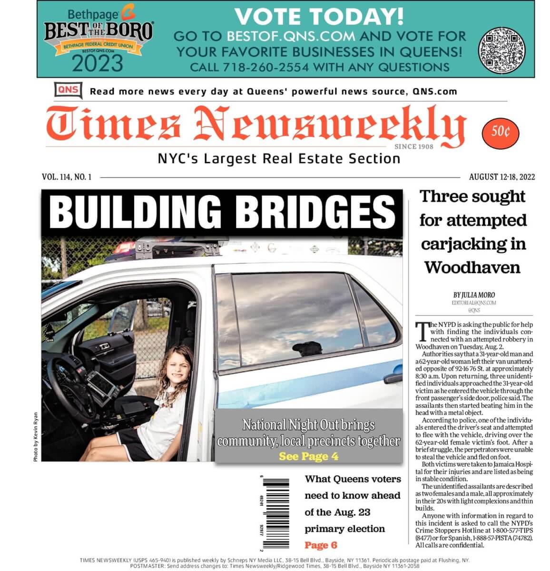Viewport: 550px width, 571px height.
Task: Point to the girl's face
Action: (176, 368)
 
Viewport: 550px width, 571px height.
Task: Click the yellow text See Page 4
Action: (308, 456)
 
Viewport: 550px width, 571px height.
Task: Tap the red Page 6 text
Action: (321, 545)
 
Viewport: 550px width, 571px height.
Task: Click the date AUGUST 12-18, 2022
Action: (501, 177)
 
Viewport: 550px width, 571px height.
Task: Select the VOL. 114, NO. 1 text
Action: (67, 177)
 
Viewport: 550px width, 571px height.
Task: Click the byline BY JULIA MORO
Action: (474, 295)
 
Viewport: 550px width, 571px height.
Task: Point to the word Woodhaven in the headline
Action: (472, 267)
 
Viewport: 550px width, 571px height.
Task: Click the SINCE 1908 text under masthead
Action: (413, 147)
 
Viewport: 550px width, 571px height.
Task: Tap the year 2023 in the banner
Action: (98, 63)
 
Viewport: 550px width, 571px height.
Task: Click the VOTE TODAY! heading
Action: (319, 17)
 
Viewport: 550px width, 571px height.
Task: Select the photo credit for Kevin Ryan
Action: (36, 437)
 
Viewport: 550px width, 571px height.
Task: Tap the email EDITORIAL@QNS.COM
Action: (474, 303)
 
